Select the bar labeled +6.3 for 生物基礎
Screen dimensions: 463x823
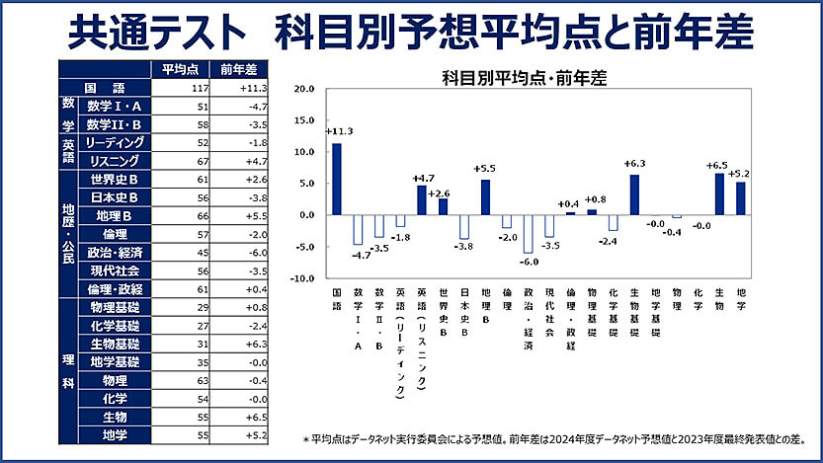coord(634,195)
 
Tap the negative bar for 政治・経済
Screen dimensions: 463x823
coord(529,234)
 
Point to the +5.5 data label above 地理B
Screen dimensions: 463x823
coord(486,169)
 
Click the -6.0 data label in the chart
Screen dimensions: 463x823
coord(529,262)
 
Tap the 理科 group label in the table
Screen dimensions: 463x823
coord(68,371)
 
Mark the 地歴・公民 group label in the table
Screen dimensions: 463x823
coord(68,234)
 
